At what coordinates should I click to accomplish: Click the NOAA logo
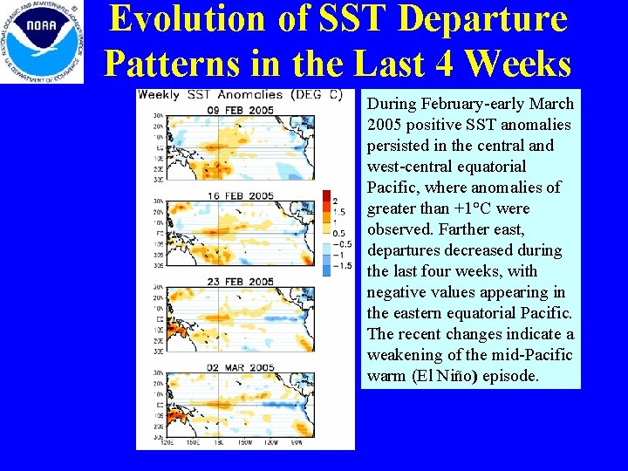click(42, 41)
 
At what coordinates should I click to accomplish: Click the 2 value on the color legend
click(334, 201)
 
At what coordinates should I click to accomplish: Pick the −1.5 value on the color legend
click(339, 264)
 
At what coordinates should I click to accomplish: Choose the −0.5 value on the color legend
click(339, 243)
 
